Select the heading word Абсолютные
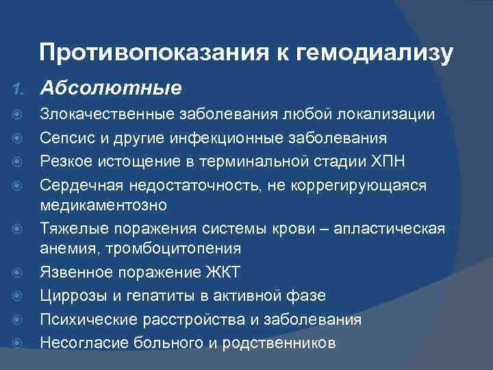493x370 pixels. (111, 88)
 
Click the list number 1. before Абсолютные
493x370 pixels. (18, 89)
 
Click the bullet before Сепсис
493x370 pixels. (18, 139)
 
